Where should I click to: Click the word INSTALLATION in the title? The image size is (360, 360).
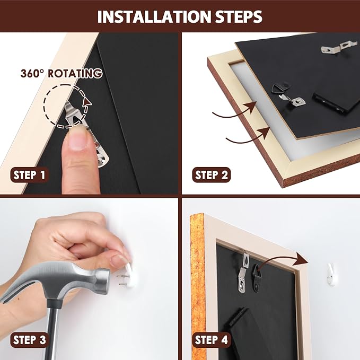(x=154, y=16)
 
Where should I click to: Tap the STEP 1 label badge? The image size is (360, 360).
(x=29, y=175)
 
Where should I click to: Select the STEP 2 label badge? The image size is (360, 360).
(x=211, y=175)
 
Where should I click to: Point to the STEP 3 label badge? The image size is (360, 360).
(x=29, y=340)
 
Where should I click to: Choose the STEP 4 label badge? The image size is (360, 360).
(x=211, y=340)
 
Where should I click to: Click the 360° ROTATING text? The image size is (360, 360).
(x=62, y=74)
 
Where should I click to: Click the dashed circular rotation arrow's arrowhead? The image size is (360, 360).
(x=87, y=102)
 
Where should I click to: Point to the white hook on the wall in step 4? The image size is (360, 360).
(x=331, y=274)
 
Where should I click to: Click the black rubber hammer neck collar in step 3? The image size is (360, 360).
(x=54, y=303)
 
